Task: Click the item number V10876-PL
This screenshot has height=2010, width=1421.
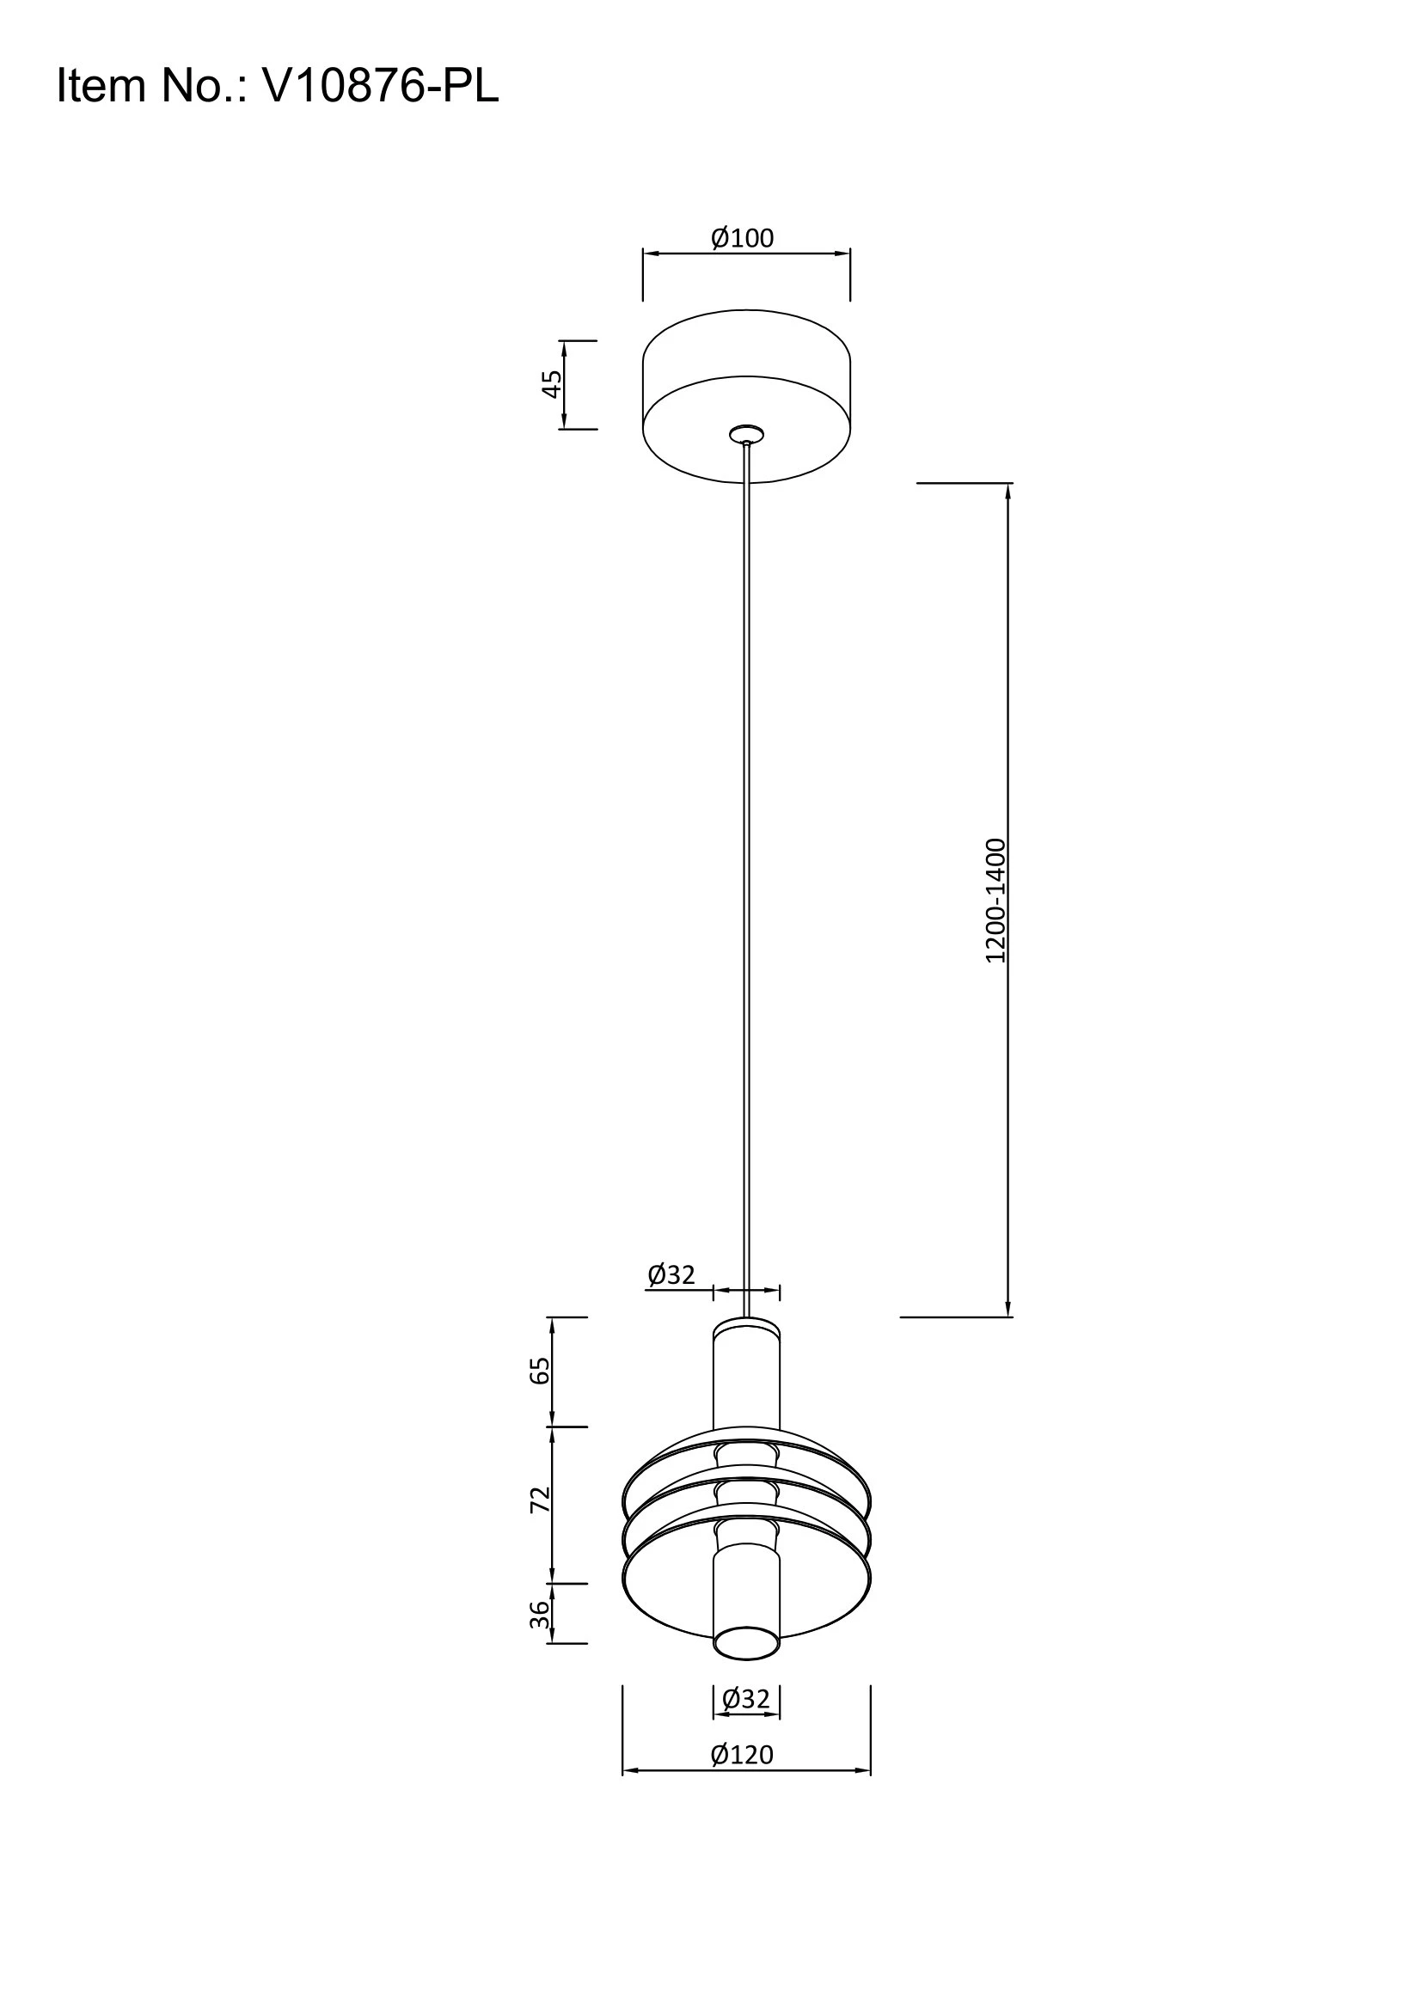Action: click(381, 87)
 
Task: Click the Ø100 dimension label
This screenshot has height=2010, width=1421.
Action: click(743, 238)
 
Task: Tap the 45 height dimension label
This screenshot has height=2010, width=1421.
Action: click(552, 384)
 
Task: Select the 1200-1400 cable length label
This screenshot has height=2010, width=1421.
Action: click(996, 901)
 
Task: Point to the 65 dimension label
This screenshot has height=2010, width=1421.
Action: click(540, 1370)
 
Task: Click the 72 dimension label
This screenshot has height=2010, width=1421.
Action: click(540, 1500)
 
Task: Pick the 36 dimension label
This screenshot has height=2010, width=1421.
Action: click(542, 1615)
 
